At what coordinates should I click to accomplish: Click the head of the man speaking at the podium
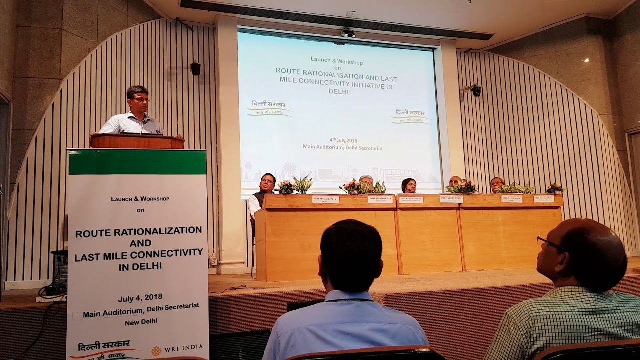point(138,99)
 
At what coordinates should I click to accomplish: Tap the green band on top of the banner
point(137,162)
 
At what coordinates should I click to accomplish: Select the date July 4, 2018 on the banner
point(140,299)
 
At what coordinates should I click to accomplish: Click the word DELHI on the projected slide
point(338,92)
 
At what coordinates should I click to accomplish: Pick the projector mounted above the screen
point(348,33)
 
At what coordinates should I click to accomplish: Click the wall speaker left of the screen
point(195,68)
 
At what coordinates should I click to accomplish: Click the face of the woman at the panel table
point(409,186)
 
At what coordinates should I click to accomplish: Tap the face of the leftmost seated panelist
point(267,183)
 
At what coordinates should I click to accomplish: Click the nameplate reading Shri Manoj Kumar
point(325,199)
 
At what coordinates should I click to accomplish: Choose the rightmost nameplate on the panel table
point(543,198)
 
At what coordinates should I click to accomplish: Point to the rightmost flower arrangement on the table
point(554,188)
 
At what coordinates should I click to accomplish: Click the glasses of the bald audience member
point(550,244)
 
